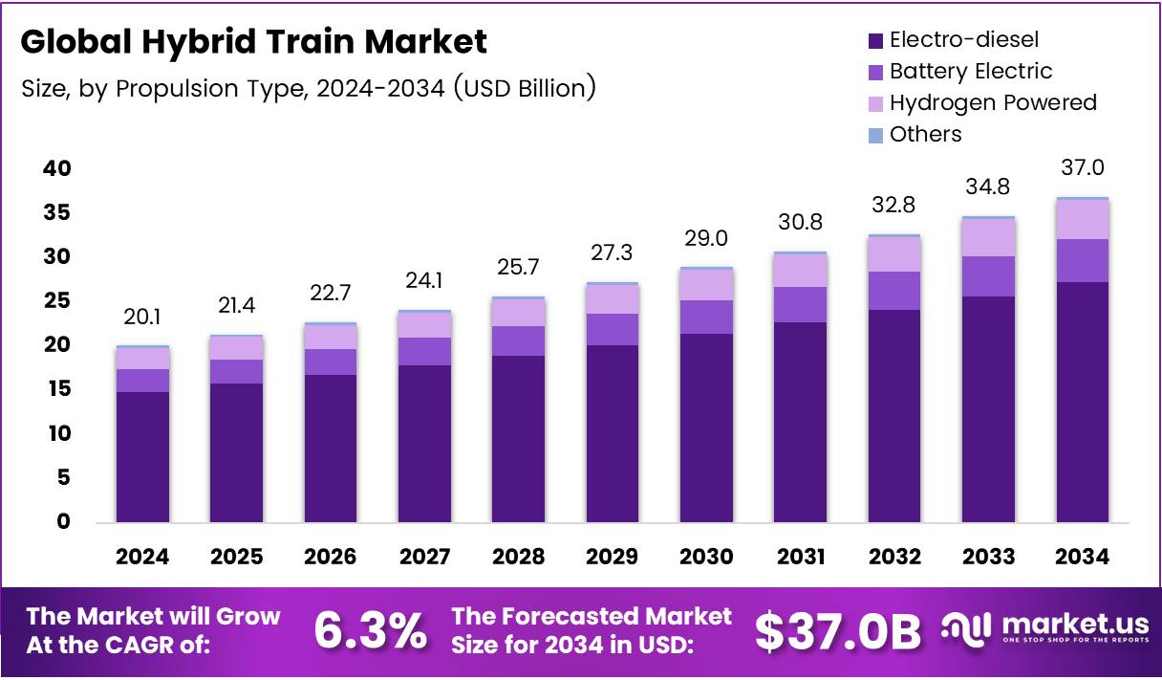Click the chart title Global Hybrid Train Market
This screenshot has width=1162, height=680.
coord(253,42)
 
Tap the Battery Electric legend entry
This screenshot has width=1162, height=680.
coord(970,71)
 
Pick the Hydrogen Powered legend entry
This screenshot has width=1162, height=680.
coord(992,102)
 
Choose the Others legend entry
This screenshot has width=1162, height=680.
coord(925,134)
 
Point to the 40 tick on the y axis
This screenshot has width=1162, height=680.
coord(57,168)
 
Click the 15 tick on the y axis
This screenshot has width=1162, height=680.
coord(57,389)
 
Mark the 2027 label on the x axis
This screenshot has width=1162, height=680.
coord(425,557)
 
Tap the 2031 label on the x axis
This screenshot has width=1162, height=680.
coord(802,557)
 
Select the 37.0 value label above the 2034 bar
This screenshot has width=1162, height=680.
coord(1083,168)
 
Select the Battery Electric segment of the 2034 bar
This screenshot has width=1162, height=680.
coord(1083,260)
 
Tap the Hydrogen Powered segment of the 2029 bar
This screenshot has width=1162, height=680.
coord(613,299)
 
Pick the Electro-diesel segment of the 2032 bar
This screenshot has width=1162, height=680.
coord(894,415)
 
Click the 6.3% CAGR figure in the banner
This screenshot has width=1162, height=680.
coord(371,631)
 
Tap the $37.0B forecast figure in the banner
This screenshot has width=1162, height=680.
coord(838,631)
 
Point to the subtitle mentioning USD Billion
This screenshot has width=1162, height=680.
coord(309,88)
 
